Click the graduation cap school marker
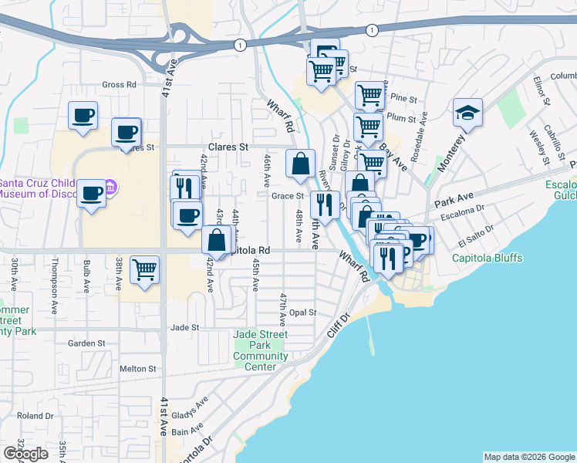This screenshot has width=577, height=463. [467, 113]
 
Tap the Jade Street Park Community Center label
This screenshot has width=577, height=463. [261, 350]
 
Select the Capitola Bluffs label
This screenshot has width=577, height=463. [487, 258]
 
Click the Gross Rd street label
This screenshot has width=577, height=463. [119, 84]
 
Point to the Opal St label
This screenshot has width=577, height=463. [303, 313]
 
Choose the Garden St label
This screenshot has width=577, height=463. [86, 343]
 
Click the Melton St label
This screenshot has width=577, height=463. [138, 369]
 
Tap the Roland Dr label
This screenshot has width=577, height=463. [35, 415]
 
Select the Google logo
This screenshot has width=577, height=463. [25, 454]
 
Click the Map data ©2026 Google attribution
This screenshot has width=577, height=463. [529, 457]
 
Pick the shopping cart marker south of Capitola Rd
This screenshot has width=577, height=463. [144, 270]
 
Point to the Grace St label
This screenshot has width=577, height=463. [287, 196]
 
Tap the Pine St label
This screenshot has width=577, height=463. [403, 99]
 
